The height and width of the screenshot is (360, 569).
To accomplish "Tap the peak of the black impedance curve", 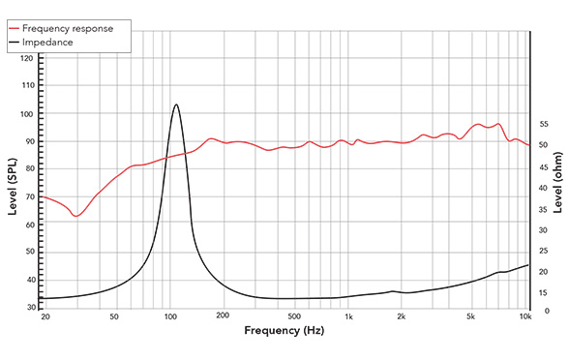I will coord(176,105).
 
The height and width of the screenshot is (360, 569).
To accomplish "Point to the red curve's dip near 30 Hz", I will coord(75,216).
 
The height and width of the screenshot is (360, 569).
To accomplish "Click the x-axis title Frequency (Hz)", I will coord(284,330).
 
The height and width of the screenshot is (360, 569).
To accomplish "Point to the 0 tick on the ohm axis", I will coord(543,311).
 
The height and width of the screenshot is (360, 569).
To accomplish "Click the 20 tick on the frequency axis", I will coord(45,316).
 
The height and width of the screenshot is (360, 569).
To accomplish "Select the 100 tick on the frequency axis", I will coord(169,316).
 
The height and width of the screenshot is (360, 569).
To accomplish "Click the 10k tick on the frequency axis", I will coord(525,316).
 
